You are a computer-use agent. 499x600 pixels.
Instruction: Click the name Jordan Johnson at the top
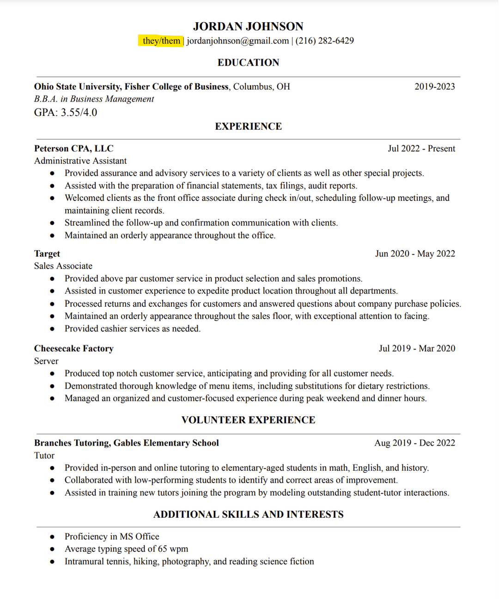point(248,26)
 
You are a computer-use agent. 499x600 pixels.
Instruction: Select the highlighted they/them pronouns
point(161,41)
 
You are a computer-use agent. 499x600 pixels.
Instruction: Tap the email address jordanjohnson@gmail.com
point(237,41)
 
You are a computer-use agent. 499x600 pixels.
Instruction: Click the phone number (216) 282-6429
point(324,41)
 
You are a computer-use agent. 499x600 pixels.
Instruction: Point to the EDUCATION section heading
point(248,62)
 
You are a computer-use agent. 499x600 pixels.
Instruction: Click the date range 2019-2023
point(434,86)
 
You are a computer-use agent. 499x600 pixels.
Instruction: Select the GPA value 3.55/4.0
point(79,112)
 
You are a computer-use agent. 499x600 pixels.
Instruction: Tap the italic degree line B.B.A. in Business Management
point(94,99)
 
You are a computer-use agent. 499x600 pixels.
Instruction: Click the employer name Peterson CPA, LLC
point(73,148)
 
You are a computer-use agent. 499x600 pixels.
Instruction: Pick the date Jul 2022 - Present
point(421,148)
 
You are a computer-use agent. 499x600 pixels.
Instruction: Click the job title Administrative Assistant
point(80,161)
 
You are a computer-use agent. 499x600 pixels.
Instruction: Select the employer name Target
point(47,254)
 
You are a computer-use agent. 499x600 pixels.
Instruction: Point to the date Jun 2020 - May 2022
point(415,254)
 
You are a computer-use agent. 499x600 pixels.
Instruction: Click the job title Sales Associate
point(63,266)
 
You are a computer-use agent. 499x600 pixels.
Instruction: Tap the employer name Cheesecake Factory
point(74,348)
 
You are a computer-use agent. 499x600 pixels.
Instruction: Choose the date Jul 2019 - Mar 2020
point(417,348)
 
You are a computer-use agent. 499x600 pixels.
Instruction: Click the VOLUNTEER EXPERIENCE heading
point(248,420)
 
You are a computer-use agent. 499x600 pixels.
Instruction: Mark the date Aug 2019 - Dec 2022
point(414,442)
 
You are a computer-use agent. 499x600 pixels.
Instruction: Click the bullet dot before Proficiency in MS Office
point(52,537)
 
